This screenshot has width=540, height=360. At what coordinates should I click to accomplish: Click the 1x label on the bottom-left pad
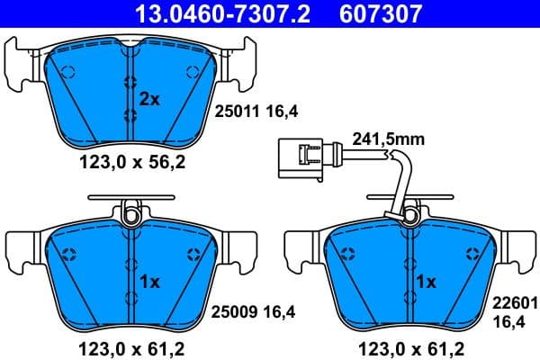pyautogui.click(x=149, y=282)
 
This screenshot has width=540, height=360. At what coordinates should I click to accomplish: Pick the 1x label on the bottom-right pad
pyautogui.click(x=426, y=282)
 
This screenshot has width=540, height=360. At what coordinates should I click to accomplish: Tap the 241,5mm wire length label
pyautogui.click(x=390, y=139)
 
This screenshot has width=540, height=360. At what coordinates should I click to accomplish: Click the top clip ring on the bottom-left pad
pyautogui.click(x=131, y=214)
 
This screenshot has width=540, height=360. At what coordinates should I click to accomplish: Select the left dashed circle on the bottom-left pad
pyautogui.click(x=71, y=253)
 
